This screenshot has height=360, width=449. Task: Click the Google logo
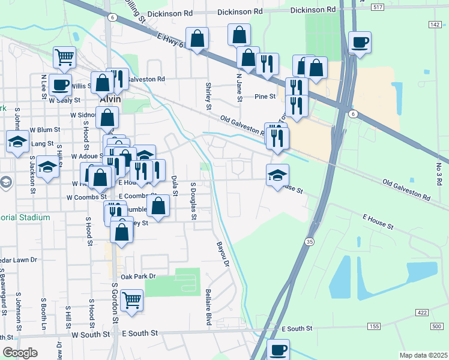[20, 353]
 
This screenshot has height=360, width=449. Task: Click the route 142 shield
[435, 24]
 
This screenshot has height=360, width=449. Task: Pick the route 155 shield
[375, 326]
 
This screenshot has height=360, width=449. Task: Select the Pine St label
[265, 96]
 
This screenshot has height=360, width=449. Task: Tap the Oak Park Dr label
[138, 277]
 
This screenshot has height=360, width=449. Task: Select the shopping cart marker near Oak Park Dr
[131, 299]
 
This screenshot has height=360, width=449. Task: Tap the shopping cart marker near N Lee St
[65, 57]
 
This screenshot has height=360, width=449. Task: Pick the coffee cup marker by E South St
[278, 349]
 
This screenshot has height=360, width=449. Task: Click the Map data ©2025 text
[423, 355]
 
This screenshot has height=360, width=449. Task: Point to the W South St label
[91, 334]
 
